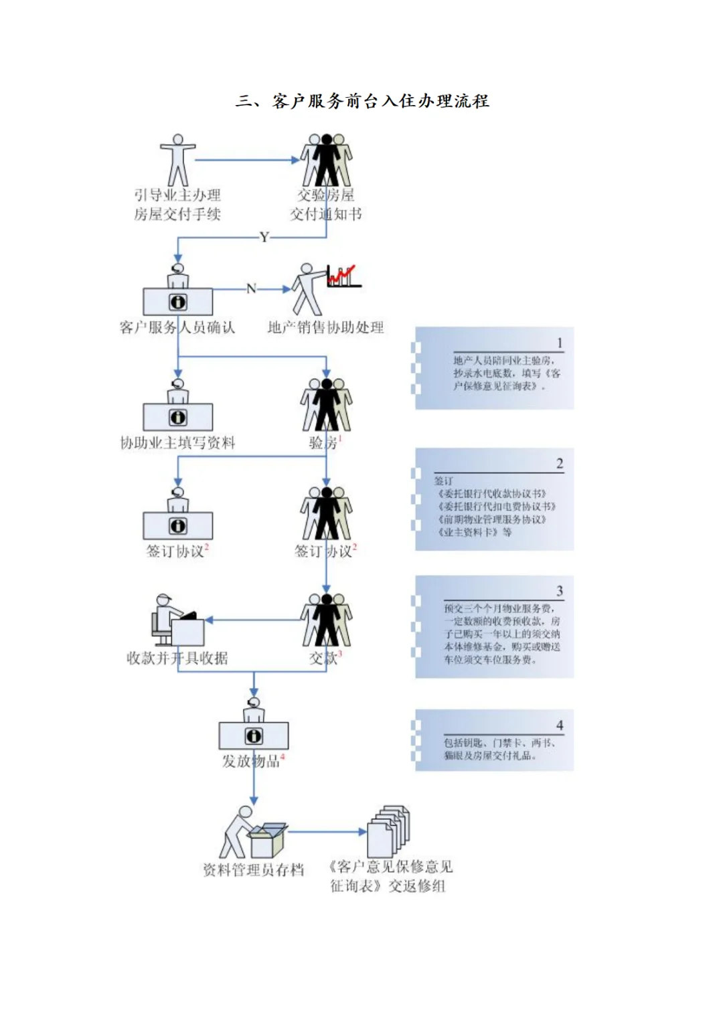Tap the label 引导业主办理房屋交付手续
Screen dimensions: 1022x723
(x=177, y=204)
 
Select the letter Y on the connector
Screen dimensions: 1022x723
(x=264, y=237)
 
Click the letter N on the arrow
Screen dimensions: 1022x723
(x=252, y=288)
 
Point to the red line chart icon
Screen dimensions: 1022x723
(x=343, y=276)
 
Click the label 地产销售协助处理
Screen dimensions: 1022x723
(x=325, y=327)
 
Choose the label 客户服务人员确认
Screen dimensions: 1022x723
(x=177, y=327)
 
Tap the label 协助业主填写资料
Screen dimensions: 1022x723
(x=177, y=442)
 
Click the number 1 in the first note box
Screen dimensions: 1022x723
(x=560, y=343)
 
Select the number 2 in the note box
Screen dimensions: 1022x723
(x=560, y=463)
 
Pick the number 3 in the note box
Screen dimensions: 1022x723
(x=560, y=590)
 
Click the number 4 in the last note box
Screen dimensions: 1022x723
(x=560, y=725)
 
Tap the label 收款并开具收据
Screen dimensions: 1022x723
(x=177, y=658)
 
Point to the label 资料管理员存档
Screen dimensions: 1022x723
(x=253, y=869)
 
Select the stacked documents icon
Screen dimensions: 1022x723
(x=388, y=830)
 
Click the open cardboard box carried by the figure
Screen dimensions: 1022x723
(x=267, y=840)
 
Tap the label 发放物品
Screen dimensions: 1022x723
(x=251, y=761)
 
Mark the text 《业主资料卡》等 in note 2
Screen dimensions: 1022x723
(x=475, y=532)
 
